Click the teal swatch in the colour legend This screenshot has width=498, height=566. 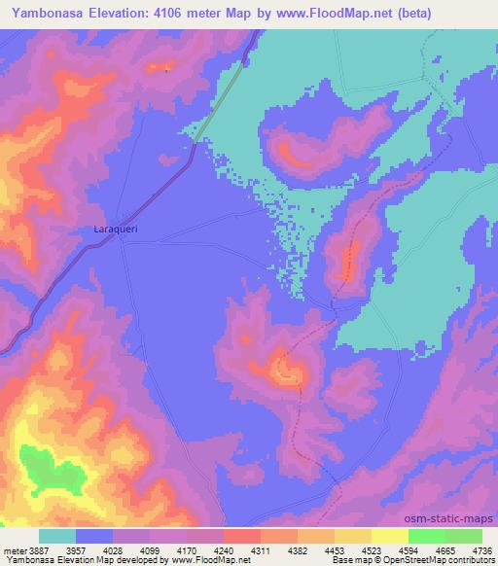tap(56, 536)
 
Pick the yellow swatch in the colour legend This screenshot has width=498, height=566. tap(390, 536)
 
